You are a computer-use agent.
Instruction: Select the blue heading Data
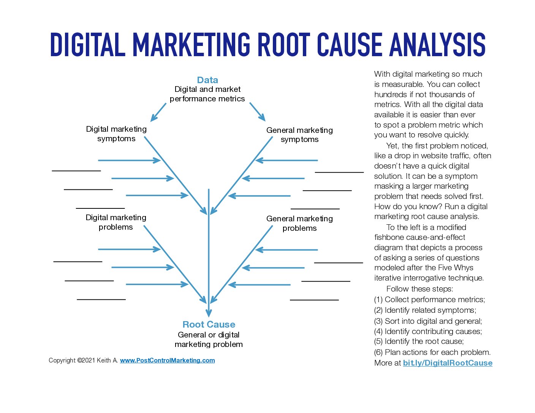pyautogui.click(x=207, y=80)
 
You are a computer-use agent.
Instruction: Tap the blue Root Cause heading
pyautogui.click(x=209, y=325)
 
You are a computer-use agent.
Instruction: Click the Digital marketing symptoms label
pyautogui.click(x=116, y=134)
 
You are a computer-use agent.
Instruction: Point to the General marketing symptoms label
pyautogui.click(x=299, y=135)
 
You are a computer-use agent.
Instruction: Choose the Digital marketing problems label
pyautogui.click(x=116, y=222)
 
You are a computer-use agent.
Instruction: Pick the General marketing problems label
pyautogui.click(x=299, y=223)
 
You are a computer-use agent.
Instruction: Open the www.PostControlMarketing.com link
pyautogui.click(x=168, y=360)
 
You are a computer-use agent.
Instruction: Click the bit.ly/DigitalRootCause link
pyautogui.click(x=448, y=363)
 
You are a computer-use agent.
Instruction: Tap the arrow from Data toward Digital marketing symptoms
pyautogui.click(x=158, y=112)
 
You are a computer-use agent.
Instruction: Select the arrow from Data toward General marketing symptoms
pyautogui.click(x=258, y=112)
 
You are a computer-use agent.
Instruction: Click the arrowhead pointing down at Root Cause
pyautogui.click(x=209, y=313)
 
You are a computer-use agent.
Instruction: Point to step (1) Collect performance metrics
pyautogui.click(x=429, y=300)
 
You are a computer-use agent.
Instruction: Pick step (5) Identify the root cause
pyautogui.click(x=419, y=341)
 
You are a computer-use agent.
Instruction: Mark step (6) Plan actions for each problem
pyautogui.click(x=432, y=352)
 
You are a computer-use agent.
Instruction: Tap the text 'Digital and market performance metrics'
pyautogui.click(x=207, y=94)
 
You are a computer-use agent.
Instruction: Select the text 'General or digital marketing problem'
pyautogui.click(x=209, y=339)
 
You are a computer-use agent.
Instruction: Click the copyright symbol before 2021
pyautogui.click(x=79, y=360)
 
